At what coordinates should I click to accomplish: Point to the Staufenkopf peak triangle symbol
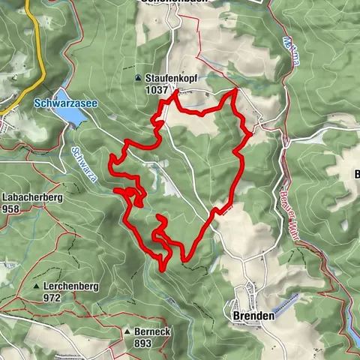pyautogui.click(x=138, y=77)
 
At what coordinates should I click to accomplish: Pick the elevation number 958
pyautogui.click(x=10, y=208)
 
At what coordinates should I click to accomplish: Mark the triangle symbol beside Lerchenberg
pyautogui.click(x=36, y=286)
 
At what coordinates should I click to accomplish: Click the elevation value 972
pyautogui.click(x=52, y=298)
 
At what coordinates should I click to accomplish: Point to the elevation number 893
pyautogui.click(x=142, y=343)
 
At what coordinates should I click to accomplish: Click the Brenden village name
pyautogui.click(x=250, y=316)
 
